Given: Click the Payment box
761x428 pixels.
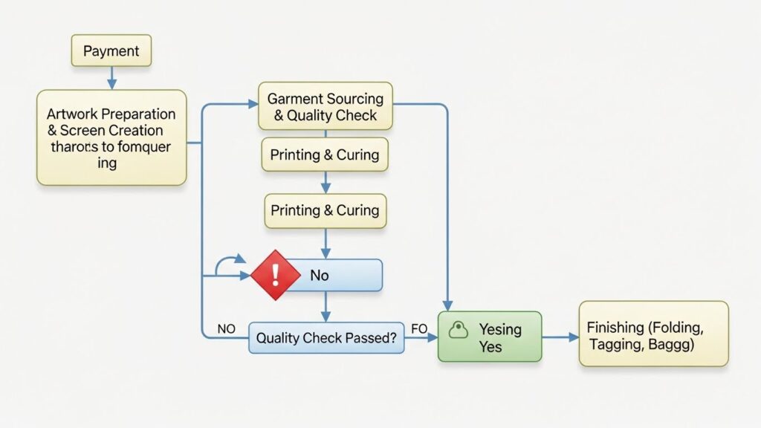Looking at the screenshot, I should coord(111,51).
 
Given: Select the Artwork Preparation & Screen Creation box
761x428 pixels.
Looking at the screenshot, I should coord(111,137).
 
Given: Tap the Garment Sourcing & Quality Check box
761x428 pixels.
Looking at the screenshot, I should coord(325,106).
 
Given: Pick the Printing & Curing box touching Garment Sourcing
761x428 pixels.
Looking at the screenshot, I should coord(325,155).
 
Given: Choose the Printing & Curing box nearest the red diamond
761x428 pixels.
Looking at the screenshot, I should coord(325,210).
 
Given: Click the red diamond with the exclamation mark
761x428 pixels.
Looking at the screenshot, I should coord(275,275).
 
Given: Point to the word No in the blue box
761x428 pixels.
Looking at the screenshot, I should coord(319,276).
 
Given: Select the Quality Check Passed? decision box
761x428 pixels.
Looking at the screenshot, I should coord(326,337).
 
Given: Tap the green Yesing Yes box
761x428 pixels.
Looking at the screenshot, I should coord(490,337).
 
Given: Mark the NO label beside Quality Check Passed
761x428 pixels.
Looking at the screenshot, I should coord(226,328).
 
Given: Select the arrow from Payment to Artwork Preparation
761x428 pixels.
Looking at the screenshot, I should coord(111,77).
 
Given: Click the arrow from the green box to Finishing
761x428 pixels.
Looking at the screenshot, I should coord(560,337).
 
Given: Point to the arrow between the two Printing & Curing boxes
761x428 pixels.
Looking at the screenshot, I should coord(325,183).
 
